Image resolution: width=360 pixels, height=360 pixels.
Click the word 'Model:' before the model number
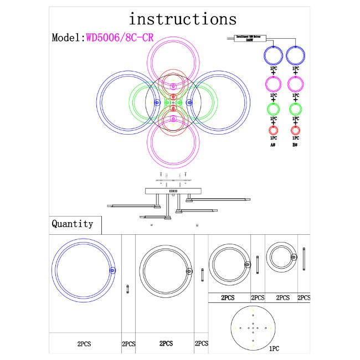68,38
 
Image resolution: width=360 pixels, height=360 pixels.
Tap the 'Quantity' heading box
73,224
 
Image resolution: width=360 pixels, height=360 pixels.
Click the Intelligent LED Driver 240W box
251,38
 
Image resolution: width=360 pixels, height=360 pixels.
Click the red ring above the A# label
273,131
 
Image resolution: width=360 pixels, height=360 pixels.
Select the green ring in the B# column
295,107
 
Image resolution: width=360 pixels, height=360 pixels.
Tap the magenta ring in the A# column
273,84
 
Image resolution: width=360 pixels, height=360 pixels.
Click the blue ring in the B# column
295,55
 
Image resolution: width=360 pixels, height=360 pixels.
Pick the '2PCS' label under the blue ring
84,344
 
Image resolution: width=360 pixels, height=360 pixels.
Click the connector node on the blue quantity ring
113,270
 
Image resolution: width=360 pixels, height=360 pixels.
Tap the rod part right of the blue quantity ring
128,289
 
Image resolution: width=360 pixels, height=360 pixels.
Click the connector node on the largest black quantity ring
189,271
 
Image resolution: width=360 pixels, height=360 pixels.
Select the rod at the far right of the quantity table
304,261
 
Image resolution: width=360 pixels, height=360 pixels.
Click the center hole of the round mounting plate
253,327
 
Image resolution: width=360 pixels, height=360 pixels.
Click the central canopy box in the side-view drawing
173,191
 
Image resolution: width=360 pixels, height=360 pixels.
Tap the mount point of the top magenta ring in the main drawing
173,86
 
